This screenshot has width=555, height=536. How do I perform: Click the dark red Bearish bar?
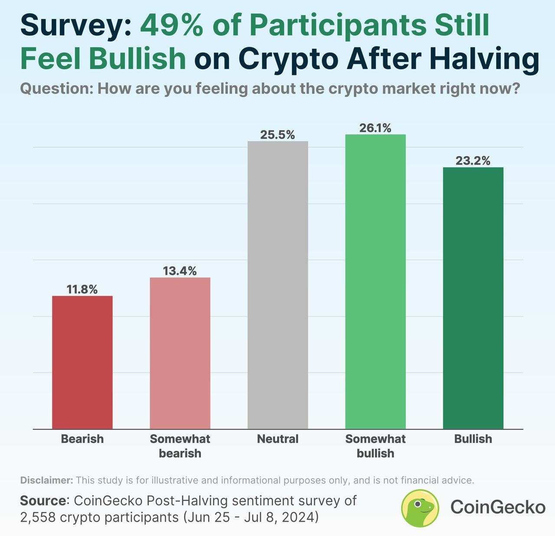[82, 362]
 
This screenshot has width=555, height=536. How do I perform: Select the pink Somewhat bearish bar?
[180, 353]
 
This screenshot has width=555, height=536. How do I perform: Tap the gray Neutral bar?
[277, 285]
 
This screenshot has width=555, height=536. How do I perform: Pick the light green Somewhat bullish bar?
[375, 282]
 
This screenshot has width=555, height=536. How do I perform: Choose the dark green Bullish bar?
[473, 298]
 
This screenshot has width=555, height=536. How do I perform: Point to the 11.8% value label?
[82, 289]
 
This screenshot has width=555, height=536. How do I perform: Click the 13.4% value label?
[180, 271]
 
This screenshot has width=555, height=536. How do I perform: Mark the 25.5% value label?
[277, 135]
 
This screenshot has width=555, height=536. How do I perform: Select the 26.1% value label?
[375, 128]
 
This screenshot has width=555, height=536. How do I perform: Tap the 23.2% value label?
[473, 161]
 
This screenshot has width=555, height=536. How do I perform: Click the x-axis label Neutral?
[277, 439]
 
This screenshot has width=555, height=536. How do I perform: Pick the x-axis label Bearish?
[82, 439]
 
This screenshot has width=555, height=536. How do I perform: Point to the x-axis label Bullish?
[473, 439]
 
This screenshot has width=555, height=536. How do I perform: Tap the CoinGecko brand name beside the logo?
[498, 507]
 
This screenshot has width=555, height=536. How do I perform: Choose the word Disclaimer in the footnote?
[46, 480]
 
